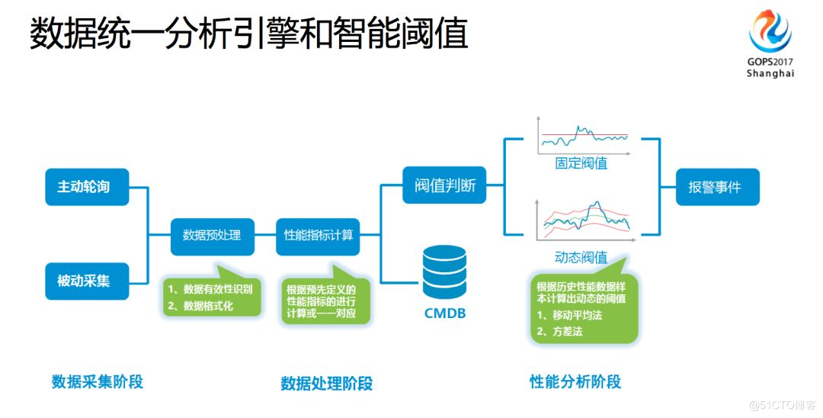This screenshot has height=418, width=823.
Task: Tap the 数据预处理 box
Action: (x=212, y=235)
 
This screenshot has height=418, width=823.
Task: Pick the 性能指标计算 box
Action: (x=319, y=235)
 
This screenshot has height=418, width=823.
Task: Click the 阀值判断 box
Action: (x=445, y=185)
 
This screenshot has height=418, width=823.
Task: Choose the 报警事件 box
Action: (x=717, y=187)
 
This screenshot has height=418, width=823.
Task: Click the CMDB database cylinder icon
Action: (x=444, y=274)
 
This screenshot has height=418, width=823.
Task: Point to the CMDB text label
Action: (x=444, y=313)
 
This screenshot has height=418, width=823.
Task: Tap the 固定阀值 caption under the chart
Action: (x=581, y=162)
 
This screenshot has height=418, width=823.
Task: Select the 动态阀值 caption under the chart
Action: (x=581, y=256)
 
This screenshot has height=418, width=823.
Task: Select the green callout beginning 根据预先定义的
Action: (x=321, y=301)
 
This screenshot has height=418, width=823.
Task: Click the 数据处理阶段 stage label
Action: (x=326, y=383)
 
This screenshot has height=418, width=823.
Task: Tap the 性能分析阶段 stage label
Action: (x=575, y=381)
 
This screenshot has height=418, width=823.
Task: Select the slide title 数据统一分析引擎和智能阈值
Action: (x=248, y=35)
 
